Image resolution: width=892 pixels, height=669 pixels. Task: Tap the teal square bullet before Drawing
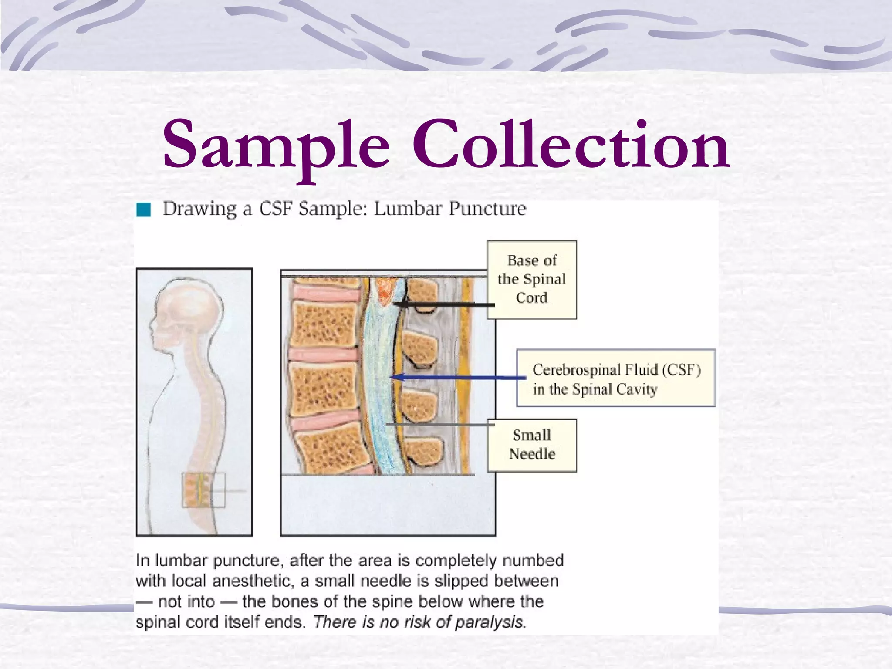coord(143,209)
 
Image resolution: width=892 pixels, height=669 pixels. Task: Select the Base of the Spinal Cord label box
coord(532,280)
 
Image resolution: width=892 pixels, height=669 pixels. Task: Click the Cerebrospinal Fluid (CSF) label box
coord(616,378)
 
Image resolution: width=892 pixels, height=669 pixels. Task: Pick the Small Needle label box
coord(532,445)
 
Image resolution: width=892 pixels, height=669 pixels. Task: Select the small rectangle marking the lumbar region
coord(204,490)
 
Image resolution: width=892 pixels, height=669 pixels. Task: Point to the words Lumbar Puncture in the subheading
coord(450,209)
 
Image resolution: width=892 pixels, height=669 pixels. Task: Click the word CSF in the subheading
coord(276,209)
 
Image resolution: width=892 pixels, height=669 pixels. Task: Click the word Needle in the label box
coord(532,454)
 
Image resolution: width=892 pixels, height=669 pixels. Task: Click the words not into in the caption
coord(186,601)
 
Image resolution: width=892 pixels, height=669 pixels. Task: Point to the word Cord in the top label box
coord(531,298)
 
